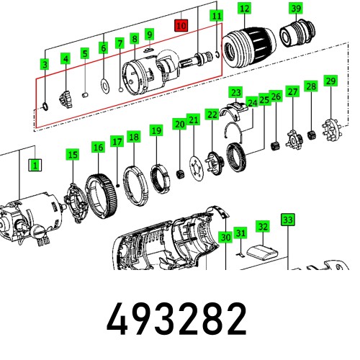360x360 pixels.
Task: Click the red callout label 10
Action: tap(180, 25)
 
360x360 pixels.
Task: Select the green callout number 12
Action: tap(245, 9)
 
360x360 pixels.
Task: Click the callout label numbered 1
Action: tap(34, 165)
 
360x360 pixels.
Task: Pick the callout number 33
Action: tap(287, 219)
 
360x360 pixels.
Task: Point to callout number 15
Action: tap(72, 155)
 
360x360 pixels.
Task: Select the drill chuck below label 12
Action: tap(245, 48)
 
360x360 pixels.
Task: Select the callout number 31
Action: tap(242, 233)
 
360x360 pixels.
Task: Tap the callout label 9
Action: tap(149, 35)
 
